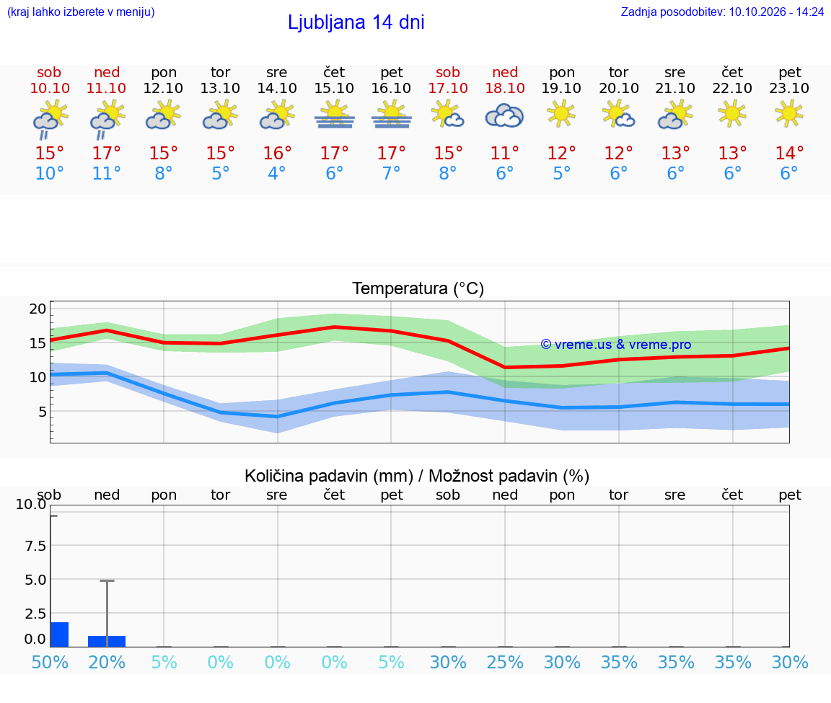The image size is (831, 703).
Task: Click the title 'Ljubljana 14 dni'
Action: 356,22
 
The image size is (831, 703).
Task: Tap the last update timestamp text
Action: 722,12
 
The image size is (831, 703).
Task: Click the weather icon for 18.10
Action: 504,115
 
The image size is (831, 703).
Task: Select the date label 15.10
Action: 334,88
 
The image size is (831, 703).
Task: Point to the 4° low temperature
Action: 277,173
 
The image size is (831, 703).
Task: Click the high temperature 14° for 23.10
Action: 789,153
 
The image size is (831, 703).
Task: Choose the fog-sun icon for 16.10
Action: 391,115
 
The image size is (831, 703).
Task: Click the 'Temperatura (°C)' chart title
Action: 418,288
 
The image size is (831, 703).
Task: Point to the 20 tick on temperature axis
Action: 38,309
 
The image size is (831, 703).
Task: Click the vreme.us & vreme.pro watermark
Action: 616,345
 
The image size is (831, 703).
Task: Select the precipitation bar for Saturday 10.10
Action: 60,634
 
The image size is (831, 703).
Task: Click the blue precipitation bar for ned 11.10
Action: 107,641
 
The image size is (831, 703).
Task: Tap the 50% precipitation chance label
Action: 50,662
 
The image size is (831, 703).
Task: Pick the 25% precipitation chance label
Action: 504,662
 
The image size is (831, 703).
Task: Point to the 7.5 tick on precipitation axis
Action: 35,546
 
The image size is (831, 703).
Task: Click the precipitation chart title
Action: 417,476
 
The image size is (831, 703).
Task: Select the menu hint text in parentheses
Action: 81,12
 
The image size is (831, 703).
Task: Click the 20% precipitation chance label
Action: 107,662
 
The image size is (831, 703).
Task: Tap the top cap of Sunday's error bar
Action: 107,581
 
